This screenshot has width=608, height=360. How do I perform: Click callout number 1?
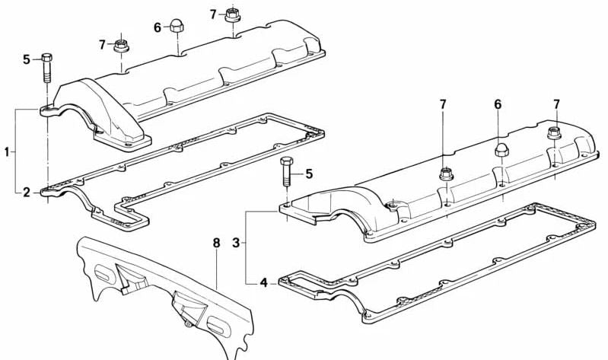click(7, 151)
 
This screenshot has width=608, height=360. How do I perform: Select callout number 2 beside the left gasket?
click(27, 192)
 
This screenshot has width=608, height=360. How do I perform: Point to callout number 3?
click(236, 244)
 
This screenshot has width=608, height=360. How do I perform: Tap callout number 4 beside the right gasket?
click(264, 282)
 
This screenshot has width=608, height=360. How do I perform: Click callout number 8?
click(216, 244)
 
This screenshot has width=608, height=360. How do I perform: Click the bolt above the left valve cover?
click(46, 68)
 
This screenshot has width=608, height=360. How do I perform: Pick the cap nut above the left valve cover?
click(177, 27)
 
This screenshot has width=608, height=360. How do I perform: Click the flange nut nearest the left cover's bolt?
click(121, 46)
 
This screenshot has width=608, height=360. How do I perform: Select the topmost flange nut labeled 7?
click(232, 15)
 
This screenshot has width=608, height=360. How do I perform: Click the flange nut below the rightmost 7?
click(555, 132)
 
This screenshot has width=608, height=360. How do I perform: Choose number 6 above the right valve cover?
click(498, 104)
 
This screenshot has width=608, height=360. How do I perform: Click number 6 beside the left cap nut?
click(157, 28)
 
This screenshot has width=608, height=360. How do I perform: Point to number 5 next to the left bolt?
click(27, 59)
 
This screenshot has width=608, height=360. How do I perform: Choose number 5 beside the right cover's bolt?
click(309, 174)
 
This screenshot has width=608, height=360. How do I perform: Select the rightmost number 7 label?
click(556, 104)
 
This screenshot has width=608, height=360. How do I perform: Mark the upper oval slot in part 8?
click(103, 274)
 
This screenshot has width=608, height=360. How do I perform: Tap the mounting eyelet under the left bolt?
click(47, 111)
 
